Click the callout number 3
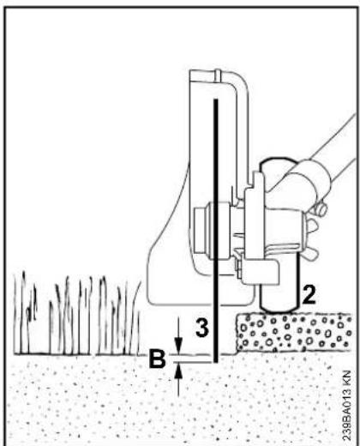coord(202,327)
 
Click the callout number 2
coord(309,294)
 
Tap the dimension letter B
coord(158,359)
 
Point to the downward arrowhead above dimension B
coord(178,346)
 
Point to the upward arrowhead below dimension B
coord(178,371)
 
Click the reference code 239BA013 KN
coord(346,406)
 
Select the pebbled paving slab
coord(293,332)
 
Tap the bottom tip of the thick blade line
coord(216,362)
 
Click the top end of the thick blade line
coord(216,99)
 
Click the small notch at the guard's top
coord(219,75)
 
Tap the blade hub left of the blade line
coord(203,230)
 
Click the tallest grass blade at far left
coord(23,311)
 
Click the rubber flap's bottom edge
coord(200,304)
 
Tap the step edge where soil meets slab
coord(236,334)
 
